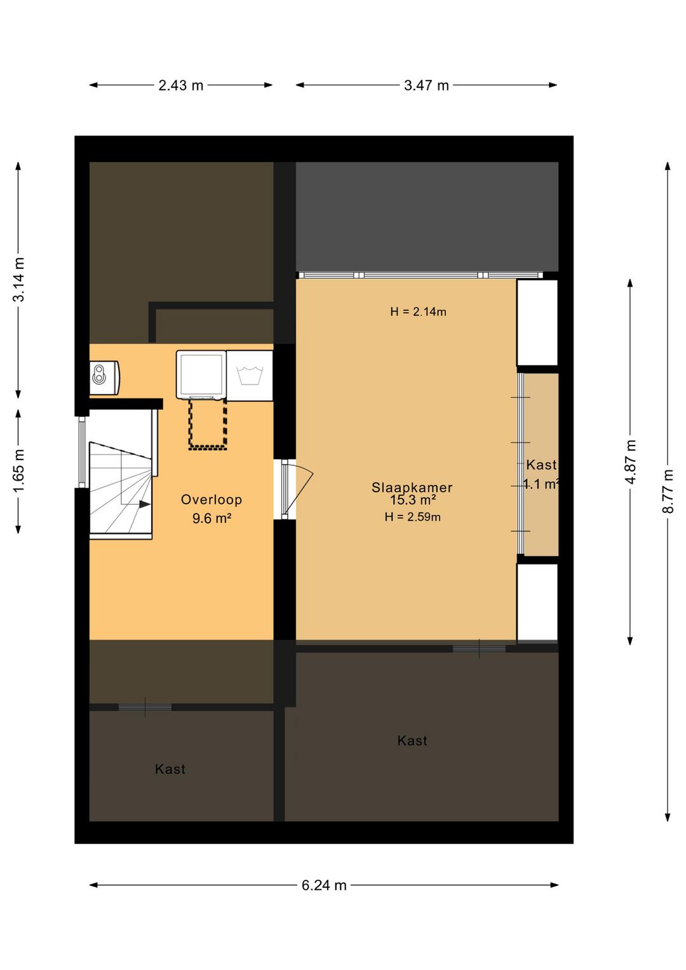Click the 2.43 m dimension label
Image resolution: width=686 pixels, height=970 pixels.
(x=180, y=85)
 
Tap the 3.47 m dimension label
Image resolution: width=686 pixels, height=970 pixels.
(x=426, y=85)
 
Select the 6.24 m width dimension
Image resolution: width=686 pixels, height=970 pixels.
(x=324, y=885)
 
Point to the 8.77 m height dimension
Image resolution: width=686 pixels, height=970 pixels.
(x=668, y=491)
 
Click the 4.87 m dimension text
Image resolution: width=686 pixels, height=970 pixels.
(x=631, y=461)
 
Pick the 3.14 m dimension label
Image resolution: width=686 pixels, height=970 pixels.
(x=18, y=279)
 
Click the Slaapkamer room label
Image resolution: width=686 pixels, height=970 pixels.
(x=412, y=488)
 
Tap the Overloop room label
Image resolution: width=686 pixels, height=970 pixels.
(x=212, y=500)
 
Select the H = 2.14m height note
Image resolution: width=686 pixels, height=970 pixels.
(x=418, y=311)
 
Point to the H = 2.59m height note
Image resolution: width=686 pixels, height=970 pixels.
(x=412, y=517)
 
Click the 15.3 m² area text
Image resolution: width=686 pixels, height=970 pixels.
(x=412, y=500)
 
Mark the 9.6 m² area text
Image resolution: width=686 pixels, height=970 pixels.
(x=212, y=518)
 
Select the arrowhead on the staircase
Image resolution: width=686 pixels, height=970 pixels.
(x=145, y=504)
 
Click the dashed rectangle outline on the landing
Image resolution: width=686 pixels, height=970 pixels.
(x=208, y=424)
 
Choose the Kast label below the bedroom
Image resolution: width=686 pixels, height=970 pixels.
(x=412, y=741)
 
